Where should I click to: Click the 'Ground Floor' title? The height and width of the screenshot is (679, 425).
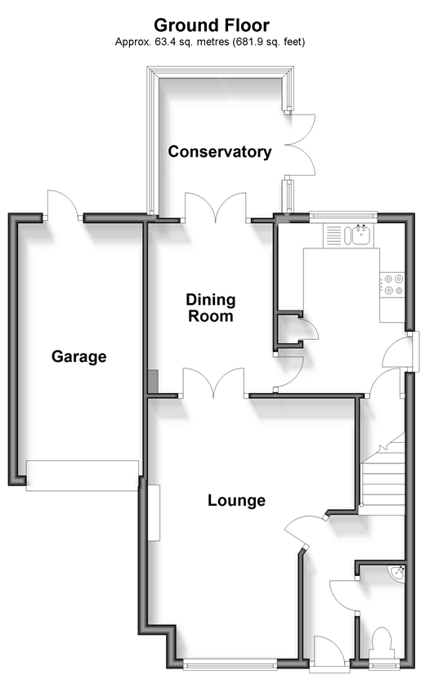[x=212, y=25]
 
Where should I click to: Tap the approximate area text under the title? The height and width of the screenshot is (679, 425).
[x=210, y=42]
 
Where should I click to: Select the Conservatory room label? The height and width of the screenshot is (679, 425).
[x=220, y=152]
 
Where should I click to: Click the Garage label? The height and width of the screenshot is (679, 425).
[x=78, y=357]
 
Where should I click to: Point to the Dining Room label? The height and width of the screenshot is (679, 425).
[x=211, y=308]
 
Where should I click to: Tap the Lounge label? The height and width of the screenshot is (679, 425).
[x=236, y=501]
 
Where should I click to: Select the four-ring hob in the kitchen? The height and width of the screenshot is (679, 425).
[x=392, y=285]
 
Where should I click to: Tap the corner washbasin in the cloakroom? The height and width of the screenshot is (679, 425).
[x=398, y=573]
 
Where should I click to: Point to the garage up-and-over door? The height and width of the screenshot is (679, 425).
[x=83, y=476]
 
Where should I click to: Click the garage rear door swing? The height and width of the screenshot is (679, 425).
[x=63, y=204]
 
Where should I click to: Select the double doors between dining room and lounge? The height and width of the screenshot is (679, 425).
[x=213, y=382]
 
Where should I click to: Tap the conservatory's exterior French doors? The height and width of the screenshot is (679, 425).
[x=300, y=145]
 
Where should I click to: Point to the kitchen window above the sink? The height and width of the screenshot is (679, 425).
[x=343, y=216]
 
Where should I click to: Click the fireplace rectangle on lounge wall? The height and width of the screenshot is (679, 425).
[x=154, y=512]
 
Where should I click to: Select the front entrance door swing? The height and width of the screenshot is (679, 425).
[x=329, y=649]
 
